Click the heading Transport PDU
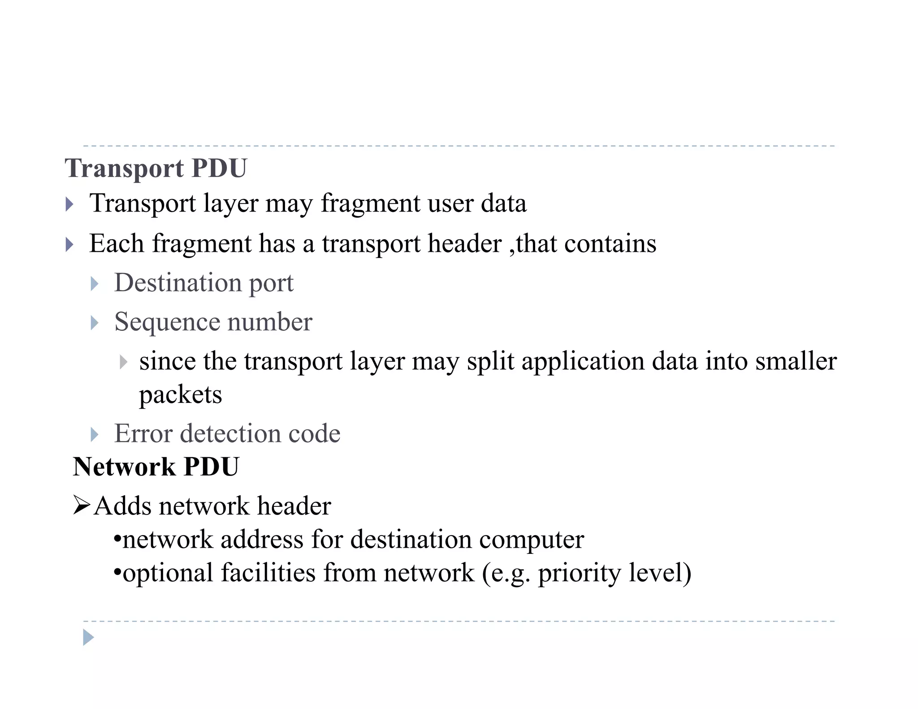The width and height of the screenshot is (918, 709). tap(156, 168)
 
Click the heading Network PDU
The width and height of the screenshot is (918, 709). tap(156, 467)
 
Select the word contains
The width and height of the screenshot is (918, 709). tap(610, 244)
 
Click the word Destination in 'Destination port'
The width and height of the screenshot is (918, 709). tap(178, 283)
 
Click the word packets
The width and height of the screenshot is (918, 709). tap(180, 395)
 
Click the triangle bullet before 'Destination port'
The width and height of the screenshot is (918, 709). tap(94, 284)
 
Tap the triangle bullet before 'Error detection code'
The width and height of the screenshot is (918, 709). tap(94, 434)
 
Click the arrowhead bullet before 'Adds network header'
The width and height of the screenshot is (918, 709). tap(82, 506)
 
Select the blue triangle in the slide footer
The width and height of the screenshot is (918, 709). tap(88, 637)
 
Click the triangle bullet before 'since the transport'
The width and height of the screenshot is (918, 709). tap(123, 362)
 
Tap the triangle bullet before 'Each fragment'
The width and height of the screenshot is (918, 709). tap(69, 245)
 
